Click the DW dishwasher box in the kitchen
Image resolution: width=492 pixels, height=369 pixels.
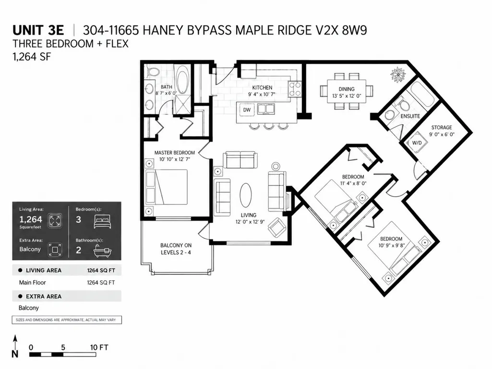tap(247, 110)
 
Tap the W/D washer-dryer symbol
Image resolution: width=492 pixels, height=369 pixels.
tap(417, 143)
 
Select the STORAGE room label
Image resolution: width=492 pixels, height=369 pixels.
tap(442, 127)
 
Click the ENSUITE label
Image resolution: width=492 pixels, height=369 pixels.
tap(410, 116)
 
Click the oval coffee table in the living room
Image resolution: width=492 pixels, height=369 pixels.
tap(246, 195)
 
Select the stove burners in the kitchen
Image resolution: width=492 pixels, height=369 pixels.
tap(295, 89)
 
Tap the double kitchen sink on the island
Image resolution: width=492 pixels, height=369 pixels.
tap(266, 109)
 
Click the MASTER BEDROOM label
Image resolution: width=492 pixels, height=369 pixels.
tap(174, 153)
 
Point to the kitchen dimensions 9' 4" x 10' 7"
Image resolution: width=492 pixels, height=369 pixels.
tap(262, 94)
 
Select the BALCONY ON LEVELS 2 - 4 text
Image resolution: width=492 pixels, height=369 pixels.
tap(176, 249)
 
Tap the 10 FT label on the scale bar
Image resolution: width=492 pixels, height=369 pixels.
tap(99, 347)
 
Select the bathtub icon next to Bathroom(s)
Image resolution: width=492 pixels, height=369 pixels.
tap(103, 251)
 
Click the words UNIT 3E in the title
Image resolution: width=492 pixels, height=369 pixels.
tap(38, 30)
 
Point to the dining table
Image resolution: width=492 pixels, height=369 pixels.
tap(347, 91)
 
